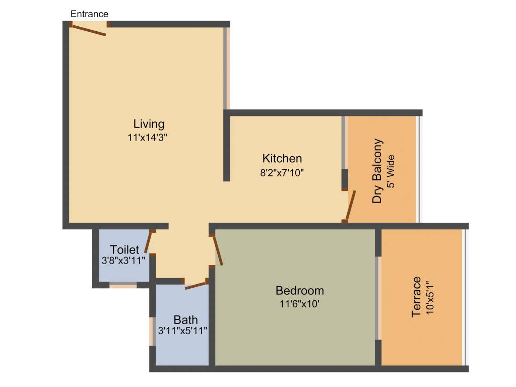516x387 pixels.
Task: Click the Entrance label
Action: point(89,14)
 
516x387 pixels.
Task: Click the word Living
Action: point(149,124)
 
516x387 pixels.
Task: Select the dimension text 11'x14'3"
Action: point(148,137)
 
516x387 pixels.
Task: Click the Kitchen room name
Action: point(282,158)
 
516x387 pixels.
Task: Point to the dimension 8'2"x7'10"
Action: point(282,172)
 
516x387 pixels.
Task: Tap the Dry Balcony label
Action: point(377,171)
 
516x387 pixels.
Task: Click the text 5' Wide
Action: point(391,171)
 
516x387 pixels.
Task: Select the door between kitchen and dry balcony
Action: point(351,205)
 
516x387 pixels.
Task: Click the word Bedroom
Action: point(300,291)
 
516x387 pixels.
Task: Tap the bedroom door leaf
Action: point(218,250)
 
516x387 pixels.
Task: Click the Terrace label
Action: point(416,297)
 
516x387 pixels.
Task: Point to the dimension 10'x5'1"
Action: point(429,297)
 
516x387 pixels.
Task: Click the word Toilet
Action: point(124,250)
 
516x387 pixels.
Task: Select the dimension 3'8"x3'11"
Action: point(123,261)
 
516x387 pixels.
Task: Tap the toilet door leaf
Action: point(148,242)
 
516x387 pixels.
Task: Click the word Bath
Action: point(185,320)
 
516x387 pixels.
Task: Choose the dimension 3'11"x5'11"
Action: point(183,331)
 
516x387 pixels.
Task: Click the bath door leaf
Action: point(196,286)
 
